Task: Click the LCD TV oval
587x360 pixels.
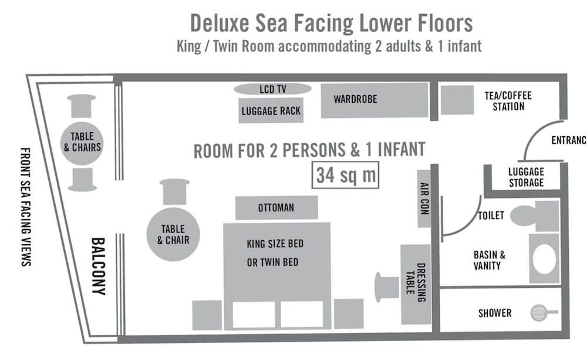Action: click(x=272, y=89)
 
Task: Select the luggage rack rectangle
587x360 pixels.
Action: click(x=271, y=110)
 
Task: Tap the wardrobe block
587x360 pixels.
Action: click(x=374, y=100)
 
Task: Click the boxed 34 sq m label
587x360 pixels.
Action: click(x=345, y=174)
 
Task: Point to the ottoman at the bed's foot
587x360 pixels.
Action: click(x=276, y=208)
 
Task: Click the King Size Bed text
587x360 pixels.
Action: click(x=275, y=243)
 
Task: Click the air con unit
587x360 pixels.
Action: click(x=424, y=198)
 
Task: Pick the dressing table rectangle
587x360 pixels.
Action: click(x=416, y=284)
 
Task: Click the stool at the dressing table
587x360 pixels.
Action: click(x=387, y=287)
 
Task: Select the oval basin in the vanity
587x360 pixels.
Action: click(x=544, y=258)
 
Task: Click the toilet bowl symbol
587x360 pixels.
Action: click(x=524, y=215)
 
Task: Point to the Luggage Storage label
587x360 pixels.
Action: click(x=526, y=177)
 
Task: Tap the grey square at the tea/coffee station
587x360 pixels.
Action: click(x=457, y=100)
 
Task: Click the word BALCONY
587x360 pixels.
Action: click(x=98, y=266)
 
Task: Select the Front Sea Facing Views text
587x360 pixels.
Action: click(x=25, y=206)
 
